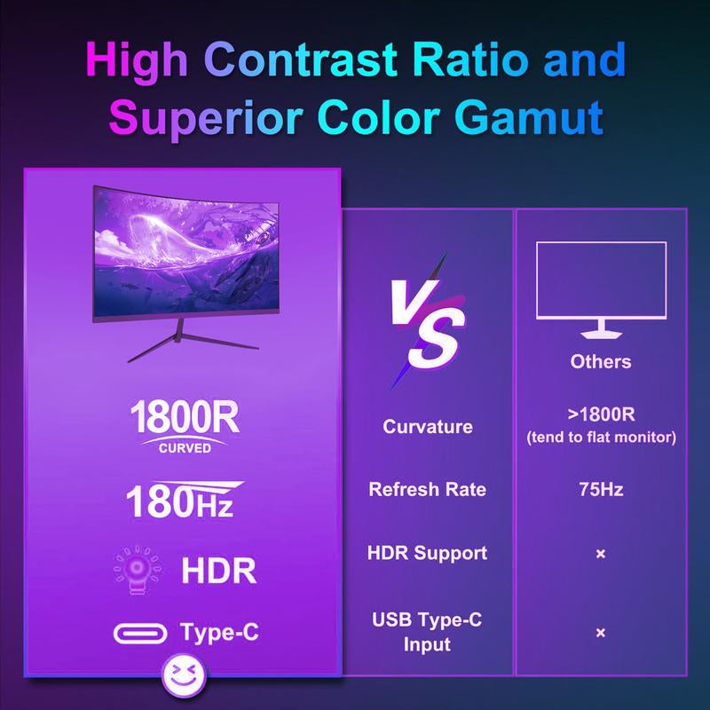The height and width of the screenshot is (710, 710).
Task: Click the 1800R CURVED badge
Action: (185, 425)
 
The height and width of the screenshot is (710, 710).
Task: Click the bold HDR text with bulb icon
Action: (218, 571)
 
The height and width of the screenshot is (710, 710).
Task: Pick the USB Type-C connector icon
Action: (140, 634)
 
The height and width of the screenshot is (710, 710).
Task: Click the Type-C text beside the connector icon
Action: (220, 634)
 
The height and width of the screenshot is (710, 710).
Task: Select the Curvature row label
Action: (428, 427)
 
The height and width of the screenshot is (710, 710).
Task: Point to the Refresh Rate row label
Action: (428, 490)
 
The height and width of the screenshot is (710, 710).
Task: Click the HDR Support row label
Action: (428, 553)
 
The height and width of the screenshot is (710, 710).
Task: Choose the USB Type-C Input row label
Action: (428, 631)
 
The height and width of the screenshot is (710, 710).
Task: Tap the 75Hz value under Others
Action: (601, 490)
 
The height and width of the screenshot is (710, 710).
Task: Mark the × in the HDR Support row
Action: (601, 554)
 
